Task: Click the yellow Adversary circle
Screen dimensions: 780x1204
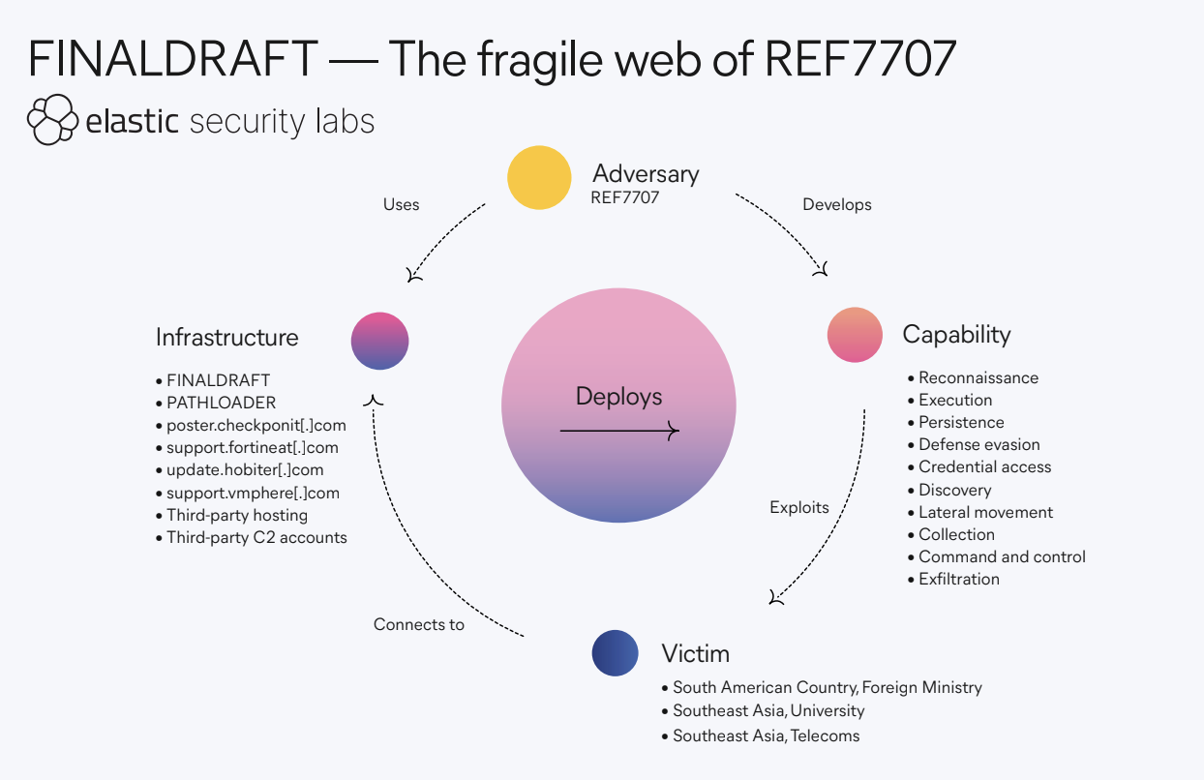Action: click(x=540, y=177)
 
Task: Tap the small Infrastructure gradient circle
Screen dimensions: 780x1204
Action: click(x=379, y=342)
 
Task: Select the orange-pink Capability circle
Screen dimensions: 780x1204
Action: click(x=855, y=335)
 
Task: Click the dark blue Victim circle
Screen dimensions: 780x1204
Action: click(x=616, y=653)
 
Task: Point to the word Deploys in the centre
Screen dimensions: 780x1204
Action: click(x=618, y=396)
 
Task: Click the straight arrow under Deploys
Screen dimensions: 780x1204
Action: click(x=619, y=432)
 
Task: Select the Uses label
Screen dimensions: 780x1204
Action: click(x=402, y=205)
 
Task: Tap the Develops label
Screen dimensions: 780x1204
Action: click(x=837, y=205)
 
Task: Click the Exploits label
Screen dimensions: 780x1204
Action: click(x=799, y=507)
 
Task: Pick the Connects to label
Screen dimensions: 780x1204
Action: click(x=419, y=624)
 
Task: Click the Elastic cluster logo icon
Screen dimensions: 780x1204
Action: click(x=51, y=120)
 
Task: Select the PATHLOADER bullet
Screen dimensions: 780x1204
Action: click(x=221, y=403)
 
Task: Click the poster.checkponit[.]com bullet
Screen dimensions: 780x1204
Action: click(x=256, y=425)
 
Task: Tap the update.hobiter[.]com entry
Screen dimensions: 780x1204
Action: click(x=245, y=469)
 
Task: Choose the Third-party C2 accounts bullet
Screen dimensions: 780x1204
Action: click(x=256, y=537)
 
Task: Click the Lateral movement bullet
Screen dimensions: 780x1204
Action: click(x=985, y=512)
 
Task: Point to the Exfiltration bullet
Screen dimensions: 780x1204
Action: click(x=959, y=579)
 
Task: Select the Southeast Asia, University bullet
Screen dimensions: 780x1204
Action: click(x=768, y=710)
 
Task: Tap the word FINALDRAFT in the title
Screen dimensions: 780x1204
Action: click(x=172, y=60)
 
